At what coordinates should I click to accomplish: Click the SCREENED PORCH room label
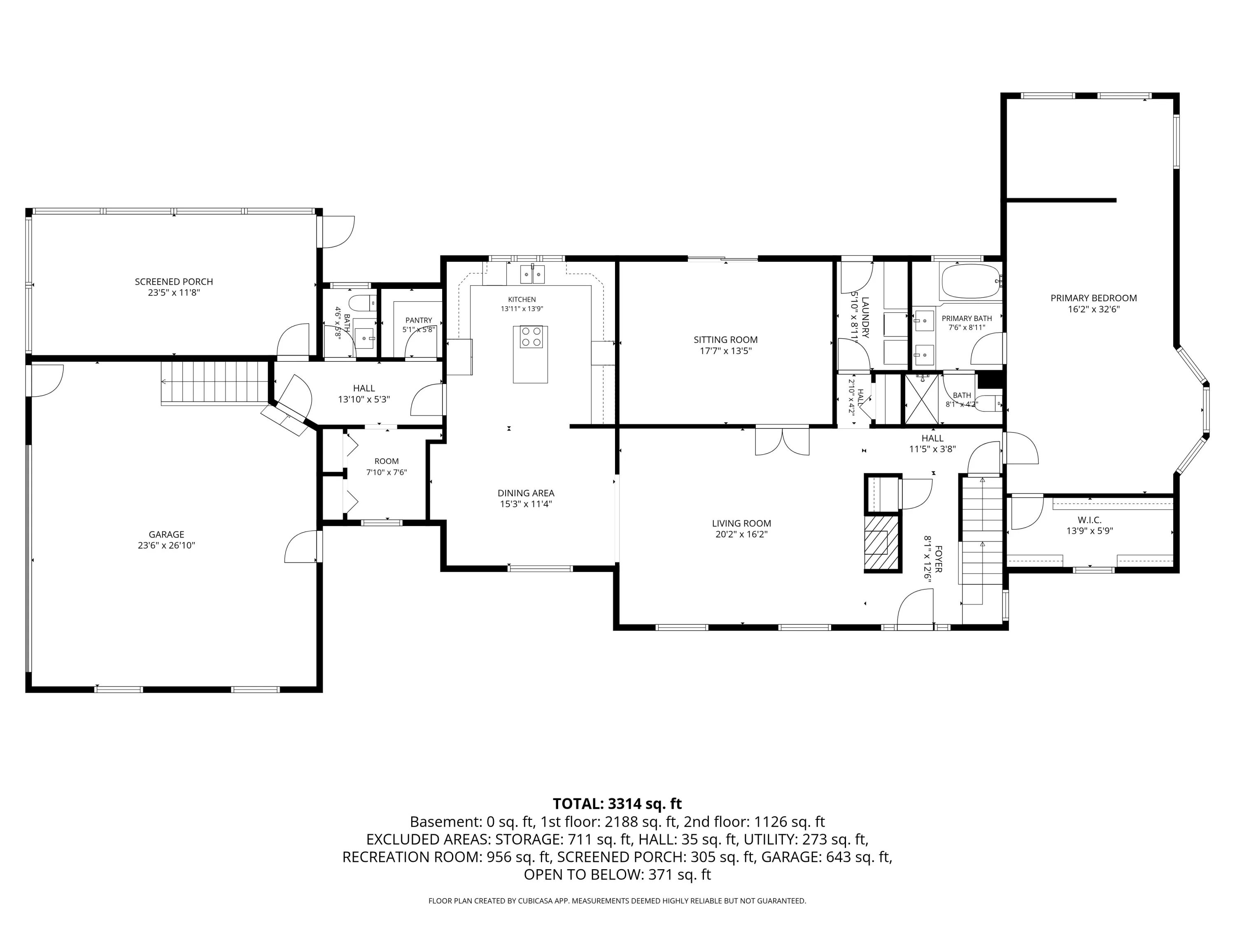[174, 282]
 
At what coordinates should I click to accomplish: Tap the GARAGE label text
[166, 534]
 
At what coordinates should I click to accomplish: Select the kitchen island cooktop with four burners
[530, 337]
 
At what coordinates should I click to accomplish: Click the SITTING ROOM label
[725, 340]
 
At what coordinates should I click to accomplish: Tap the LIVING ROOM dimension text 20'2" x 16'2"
[741, 534]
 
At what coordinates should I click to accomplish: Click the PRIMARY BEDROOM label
[1093, 298]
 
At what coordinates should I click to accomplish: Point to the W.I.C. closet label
[1089, 520]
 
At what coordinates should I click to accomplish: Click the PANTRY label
[419, 320]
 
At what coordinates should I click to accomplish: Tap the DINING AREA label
[526, 493]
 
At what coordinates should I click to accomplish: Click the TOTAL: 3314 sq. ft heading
[617, 804]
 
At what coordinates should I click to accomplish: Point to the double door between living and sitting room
[782, 441]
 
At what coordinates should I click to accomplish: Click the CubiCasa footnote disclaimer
[617, 901]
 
